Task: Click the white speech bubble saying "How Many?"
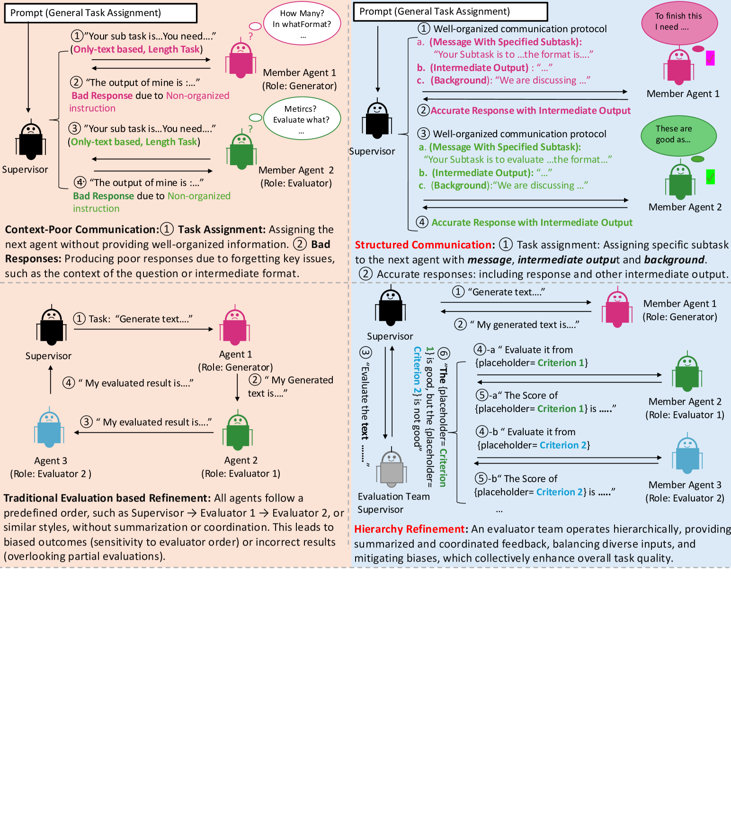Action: tap(302, 24)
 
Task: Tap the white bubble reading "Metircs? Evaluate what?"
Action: tap(302, 118)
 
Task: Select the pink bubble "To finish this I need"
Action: tap(679, 22)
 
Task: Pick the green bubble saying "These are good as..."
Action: tap(678, 135)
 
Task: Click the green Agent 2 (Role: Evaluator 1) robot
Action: tap(238, 432)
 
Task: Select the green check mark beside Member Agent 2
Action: tap(710, 177)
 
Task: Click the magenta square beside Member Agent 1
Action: tap(710, 58)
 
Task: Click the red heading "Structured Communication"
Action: tap(424, 245)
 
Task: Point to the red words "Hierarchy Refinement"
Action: tap(410, 529)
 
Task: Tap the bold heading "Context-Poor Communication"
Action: tap(80, 230)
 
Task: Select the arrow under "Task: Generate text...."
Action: tap(143, 329)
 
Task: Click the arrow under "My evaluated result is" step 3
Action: tap(143, 432)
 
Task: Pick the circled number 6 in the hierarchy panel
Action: tap(444, 353)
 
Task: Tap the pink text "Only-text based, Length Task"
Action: tap(136, 50)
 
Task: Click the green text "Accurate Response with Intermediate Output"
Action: tap(532, 223)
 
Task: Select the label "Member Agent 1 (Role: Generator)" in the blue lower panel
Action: tap(679, 310)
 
